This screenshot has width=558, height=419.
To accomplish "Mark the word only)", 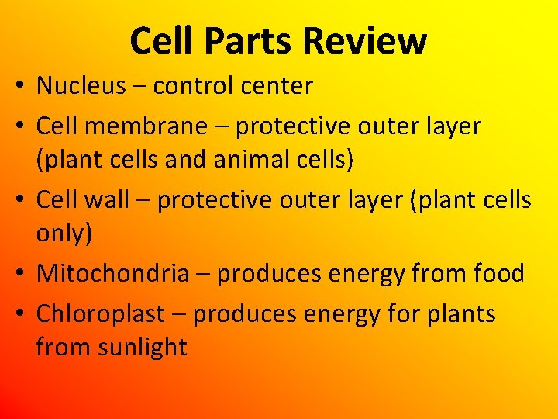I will (64, 235).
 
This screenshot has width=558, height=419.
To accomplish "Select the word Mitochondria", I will (113, 273).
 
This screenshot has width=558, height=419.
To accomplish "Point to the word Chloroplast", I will (101, 314).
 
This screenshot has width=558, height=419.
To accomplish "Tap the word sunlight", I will (143, 347).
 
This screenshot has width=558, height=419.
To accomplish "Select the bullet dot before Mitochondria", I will (16, 275).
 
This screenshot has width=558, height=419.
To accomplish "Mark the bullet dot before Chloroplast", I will (16, 315).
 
